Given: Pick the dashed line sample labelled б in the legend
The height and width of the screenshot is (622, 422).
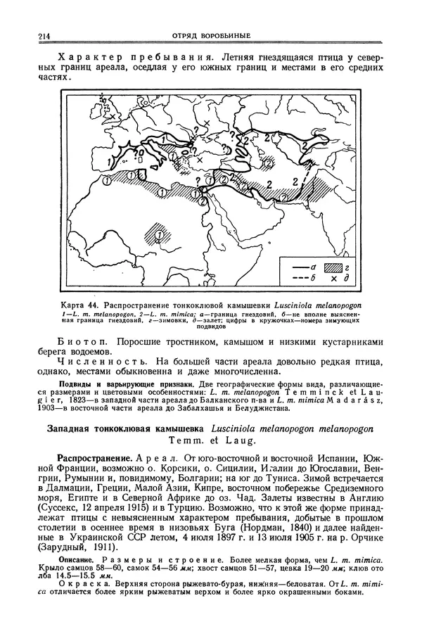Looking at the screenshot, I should pos(296,279).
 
